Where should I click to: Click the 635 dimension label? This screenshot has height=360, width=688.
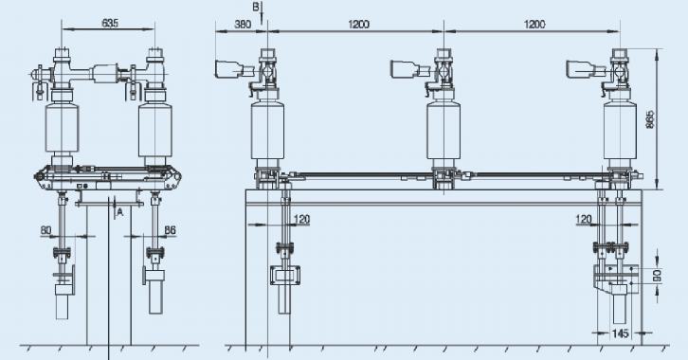click(110, 23)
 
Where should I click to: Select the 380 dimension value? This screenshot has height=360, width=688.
click(243, 24)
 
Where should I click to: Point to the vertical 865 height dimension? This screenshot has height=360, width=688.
click(650, 119)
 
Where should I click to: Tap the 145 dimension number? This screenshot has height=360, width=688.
click(620, 333)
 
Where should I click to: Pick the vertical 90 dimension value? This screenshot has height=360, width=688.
click(657, 276)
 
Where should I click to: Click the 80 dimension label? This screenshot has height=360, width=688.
click(46, 230)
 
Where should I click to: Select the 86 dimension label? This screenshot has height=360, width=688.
click(171, 230)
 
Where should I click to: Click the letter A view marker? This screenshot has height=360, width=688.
click(119, 212)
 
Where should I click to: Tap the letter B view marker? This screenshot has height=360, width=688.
click(256, 7)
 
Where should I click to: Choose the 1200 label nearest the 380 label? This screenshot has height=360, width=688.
click(359, 24)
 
